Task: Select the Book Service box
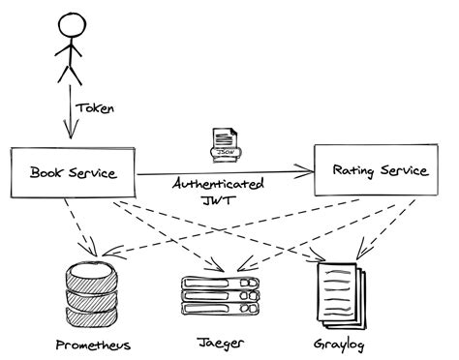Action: coord(74,174)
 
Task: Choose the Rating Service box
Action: coord(379,171)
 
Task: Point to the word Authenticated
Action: coord(220,184)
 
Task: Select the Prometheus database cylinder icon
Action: coord(92,294)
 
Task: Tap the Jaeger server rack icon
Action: coord(222,294)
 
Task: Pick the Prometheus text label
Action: coord(93,345)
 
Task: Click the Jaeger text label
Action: coord(220,344)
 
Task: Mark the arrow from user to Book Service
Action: coord(66,113)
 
